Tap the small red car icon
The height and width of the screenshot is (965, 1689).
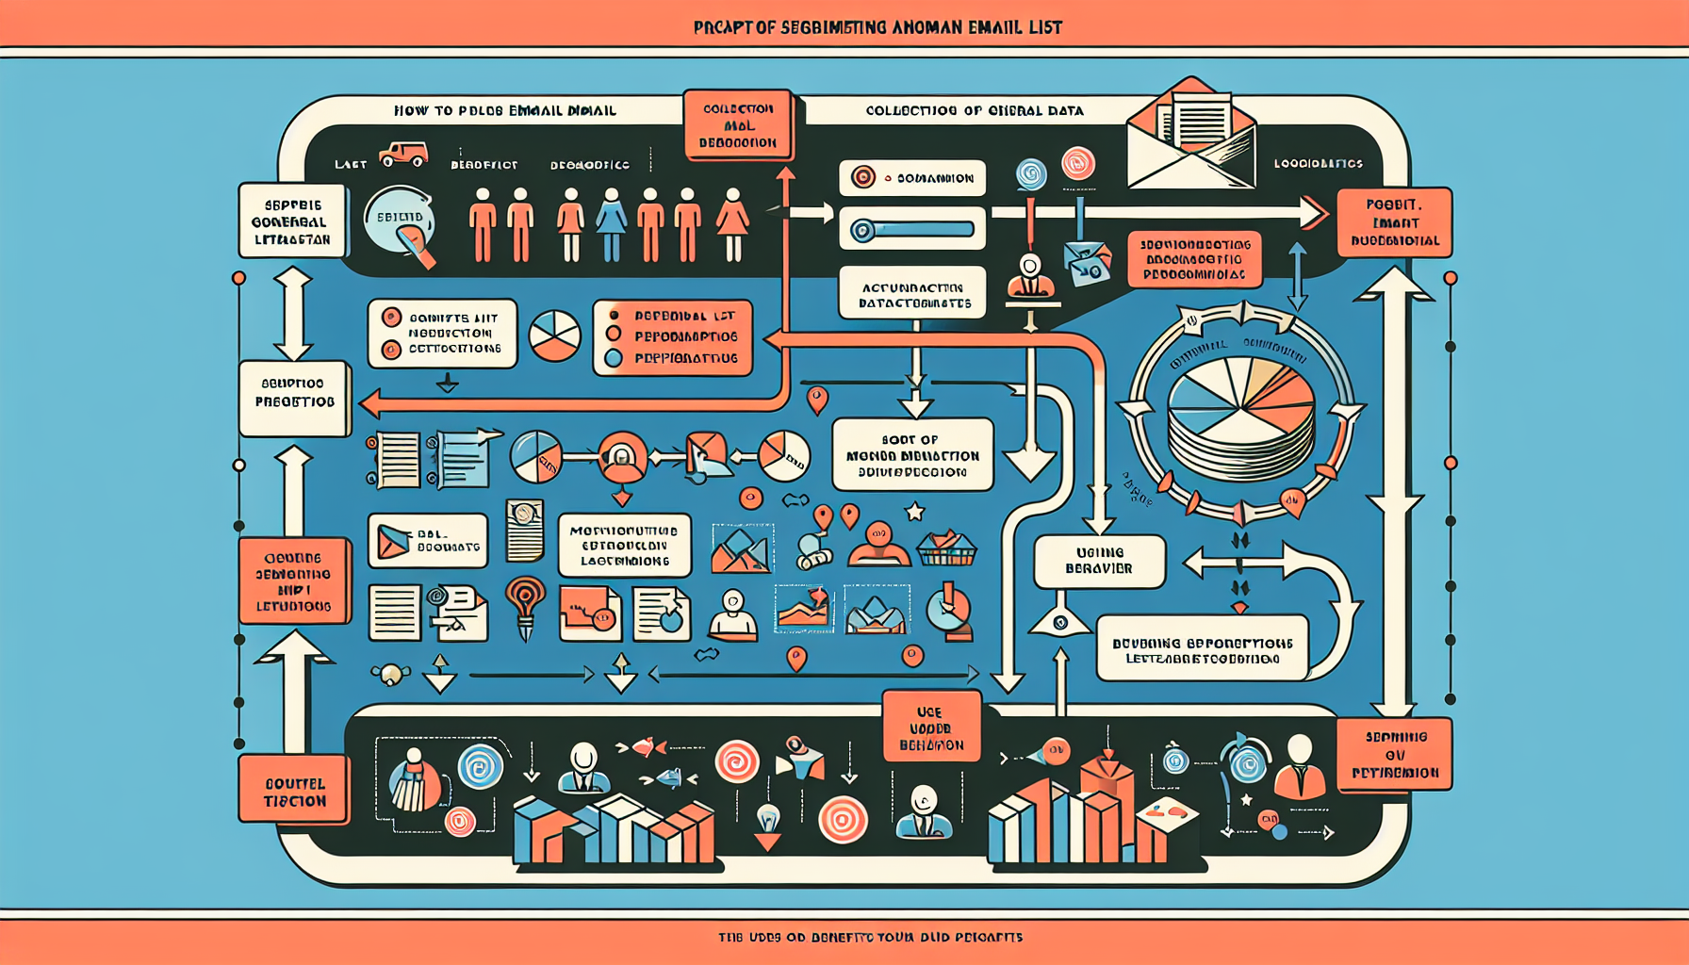[403, 155]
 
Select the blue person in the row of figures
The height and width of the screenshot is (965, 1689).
[611, 223]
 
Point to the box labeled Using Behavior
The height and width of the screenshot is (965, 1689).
[1099, 561]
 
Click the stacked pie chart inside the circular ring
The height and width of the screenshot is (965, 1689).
[1240, 416]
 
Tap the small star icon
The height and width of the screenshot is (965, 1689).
[913, 513]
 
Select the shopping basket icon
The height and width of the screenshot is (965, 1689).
[946, 548]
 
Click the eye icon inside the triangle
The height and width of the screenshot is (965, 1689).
[1060, 622]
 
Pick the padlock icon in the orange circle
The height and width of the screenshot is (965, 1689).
[622, 458]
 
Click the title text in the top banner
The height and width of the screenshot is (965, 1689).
[877, 27]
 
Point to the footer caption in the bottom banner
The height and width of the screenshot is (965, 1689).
[870, 938]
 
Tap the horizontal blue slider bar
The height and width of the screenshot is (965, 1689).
[912, 230]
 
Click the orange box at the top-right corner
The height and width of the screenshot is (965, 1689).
[1394, 222]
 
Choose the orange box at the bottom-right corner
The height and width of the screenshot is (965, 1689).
[1394, 754]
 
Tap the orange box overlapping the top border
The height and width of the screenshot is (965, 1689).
[738, 126]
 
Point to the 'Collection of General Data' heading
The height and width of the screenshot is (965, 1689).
[975, 110]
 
